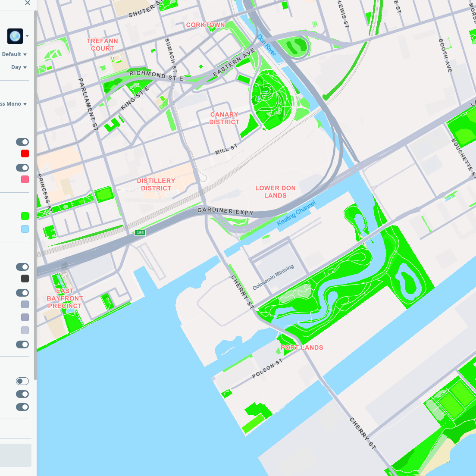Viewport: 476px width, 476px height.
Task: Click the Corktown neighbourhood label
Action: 205,25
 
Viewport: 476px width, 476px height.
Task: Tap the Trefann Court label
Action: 102,45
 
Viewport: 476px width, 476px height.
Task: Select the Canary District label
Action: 224,118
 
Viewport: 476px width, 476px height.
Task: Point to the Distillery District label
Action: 156,185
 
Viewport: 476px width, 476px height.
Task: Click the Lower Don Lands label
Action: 276,192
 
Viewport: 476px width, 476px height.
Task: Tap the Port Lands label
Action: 302,348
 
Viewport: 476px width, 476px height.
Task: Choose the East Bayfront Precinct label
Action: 65,298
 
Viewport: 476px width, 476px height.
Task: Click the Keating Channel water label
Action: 296,213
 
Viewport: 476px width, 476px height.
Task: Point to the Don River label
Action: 266,45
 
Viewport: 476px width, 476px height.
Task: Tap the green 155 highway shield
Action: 140,233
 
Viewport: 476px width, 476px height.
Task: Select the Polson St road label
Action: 267,369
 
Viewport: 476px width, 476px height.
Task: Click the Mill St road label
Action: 226,150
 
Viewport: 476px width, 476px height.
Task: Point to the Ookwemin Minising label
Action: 273,277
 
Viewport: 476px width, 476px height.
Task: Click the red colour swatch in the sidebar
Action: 25,153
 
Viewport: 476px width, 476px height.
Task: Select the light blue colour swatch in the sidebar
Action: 25,229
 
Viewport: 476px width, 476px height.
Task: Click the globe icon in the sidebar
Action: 15,36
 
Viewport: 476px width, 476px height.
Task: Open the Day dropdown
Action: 19,67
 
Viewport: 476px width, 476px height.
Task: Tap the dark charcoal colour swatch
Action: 25,279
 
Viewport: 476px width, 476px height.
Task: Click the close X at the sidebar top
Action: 28,3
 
